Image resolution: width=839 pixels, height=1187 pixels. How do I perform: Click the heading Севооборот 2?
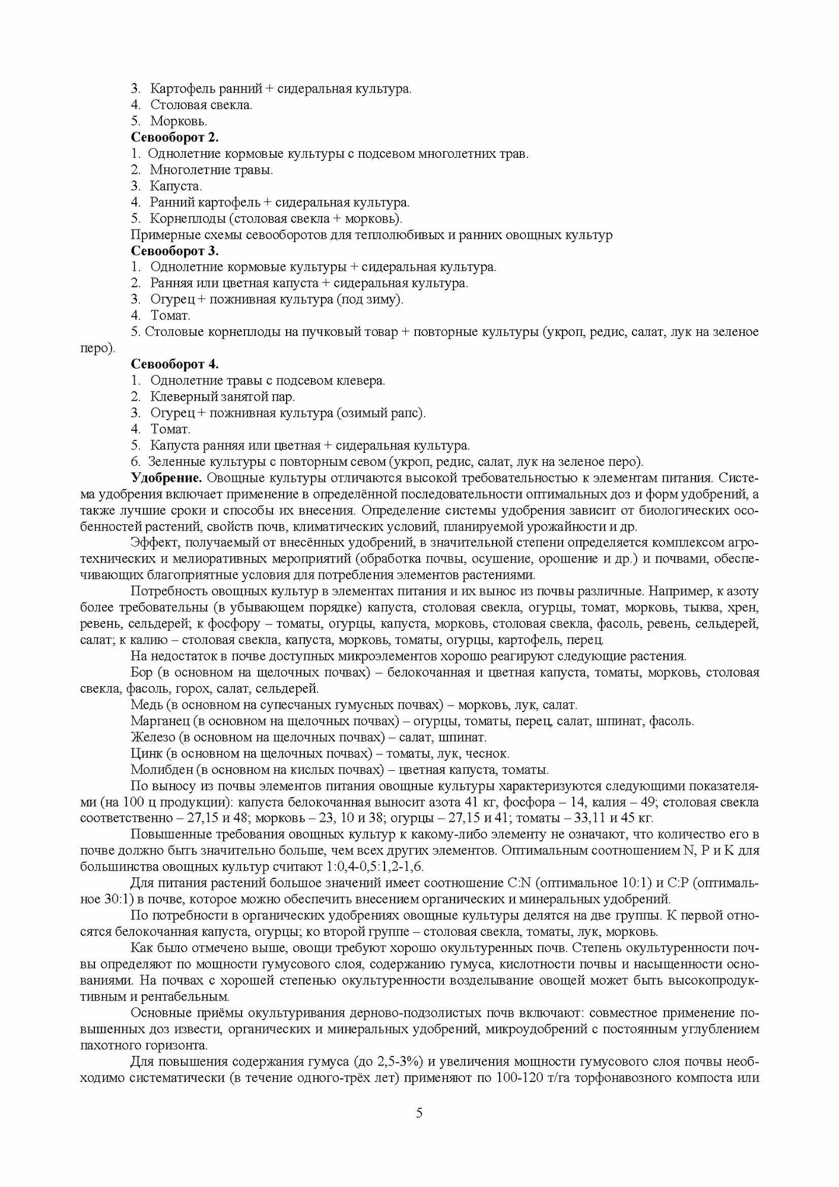174,138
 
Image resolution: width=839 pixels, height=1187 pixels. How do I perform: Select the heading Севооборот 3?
174,250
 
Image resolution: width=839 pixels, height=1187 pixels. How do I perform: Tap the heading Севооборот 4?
174,363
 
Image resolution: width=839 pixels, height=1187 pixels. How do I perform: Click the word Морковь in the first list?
179,121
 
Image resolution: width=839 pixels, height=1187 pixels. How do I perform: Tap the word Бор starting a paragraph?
141,672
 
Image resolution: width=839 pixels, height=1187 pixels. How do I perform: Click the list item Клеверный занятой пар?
223,396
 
